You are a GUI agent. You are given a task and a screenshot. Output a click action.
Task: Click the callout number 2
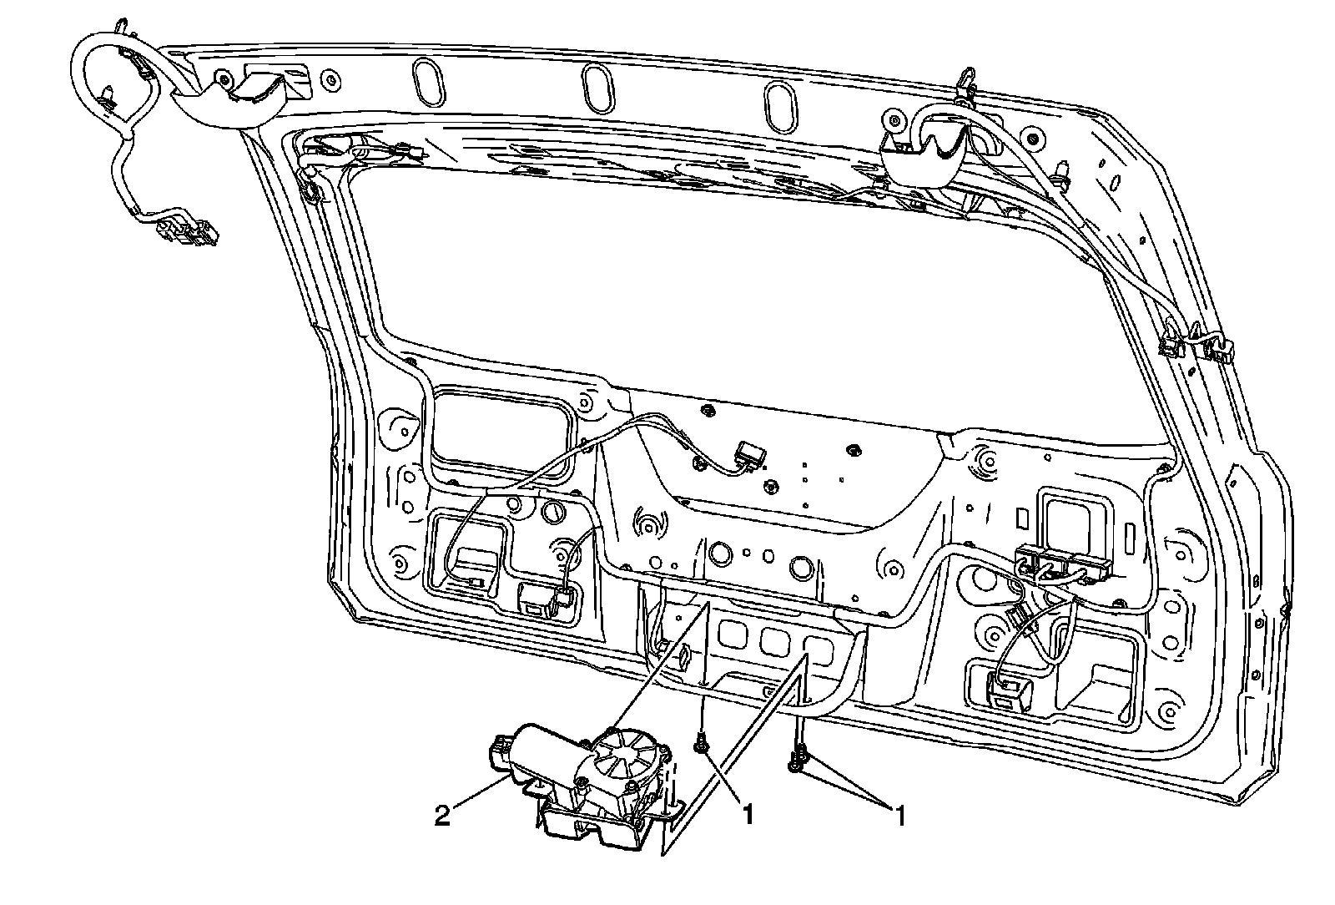point(443,815)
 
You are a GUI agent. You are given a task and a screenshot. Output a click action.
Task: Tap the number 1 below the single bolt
point(748,815)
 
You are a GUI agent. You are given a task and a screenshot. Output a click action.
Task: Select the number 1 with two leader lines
point(899,815)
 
